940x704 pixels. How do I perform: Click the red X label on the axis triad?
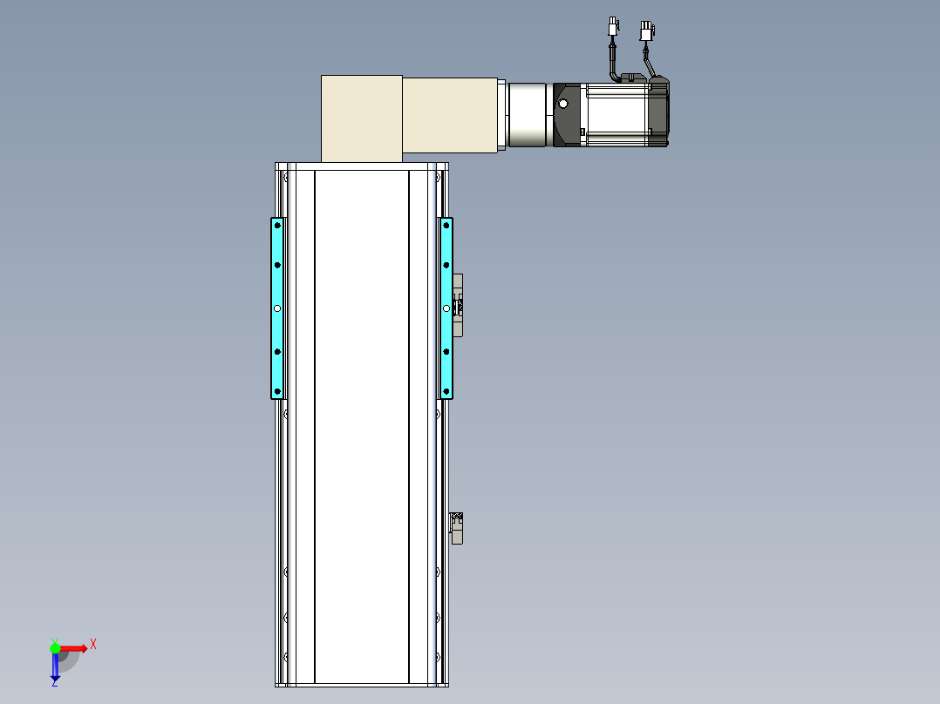point(93,645)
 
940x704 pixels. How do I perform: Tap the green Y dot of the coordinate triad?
point(55,648)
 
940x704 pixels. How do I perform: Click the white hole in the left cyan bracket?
point(277,308)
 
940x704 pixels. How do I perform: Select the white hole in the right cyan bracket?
point(446,308)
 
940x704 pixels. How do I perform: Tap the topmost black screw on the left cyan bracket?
point(277,226)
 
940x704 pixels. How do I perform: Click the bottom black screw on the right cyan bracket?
point(446,391)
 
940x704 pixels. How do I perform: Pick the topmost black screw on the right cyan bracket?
point(446,226)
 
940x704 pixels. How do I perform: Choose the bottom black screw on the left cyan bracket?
point(277,391)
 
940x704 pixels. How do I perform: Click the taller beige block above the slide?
point(362,118)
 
